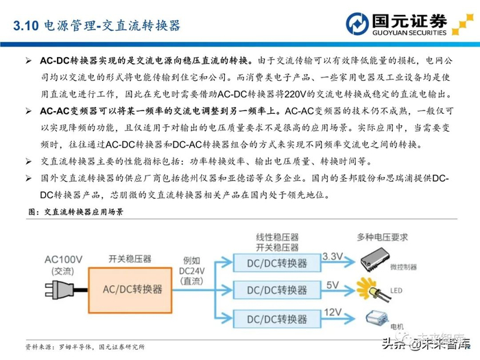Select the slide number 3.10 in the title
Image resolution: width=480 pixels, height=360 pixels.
(x=26, y=26)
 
